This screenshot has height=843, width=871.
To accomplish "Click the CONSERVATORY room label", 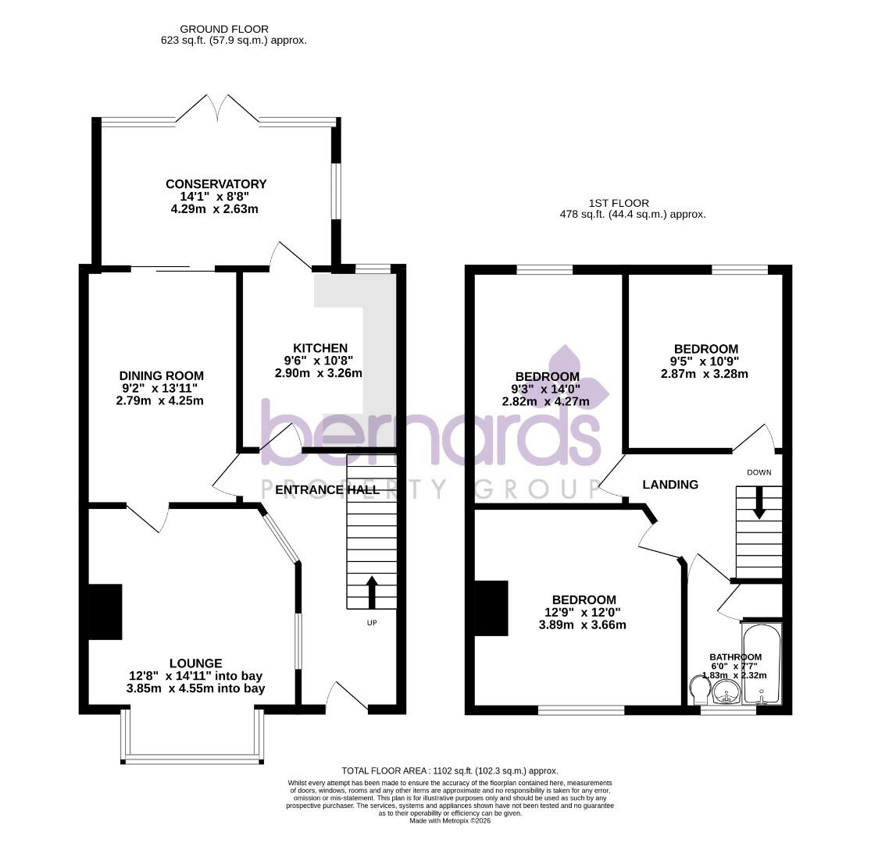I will [216, 184].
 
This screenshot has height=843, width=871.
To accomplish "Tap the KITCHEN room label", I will [319, 348].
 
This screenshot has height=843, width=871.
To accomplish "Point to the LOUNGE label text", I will [195, 663].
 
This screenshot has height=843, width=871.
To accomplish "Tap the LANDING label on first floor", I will [669, 485].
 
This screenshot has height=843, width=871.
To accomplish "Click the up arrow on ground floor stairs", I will [371, 592].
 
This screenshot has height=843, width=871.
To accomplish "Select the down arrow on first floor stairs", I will [759, 502].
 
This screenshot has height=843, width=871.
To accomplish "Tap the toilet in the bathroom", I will [699, 688].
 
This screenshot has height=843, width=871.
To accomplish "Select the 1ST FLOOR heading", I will [619, 203].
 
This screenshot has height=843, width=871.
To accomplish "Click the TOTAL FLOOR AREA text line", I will [449, 770].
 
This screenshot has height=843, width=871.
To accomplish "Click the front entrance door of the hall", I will [347, 696].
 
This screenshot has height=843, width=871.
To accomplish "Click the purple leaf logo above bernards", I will [577, 379].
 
